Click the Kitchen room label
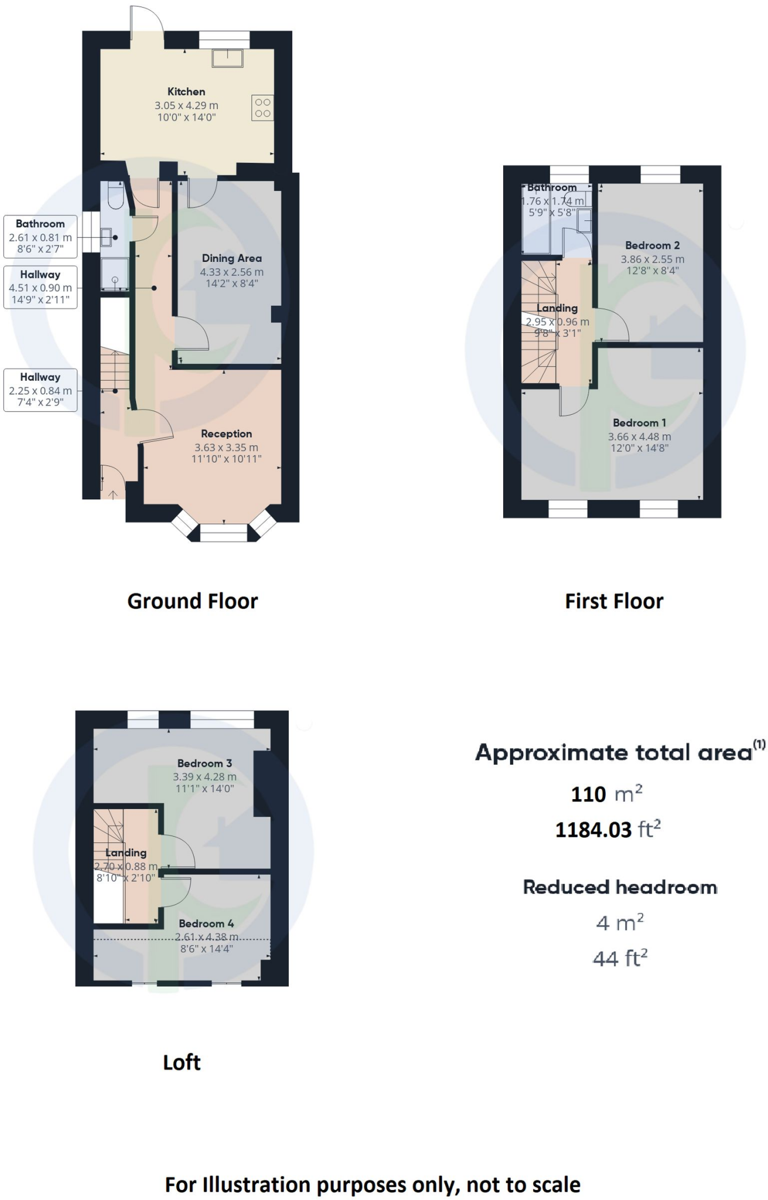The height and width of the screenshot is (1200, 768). (x=186, y=91)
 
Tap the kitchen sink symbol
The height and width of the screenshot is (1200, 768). (x=227, y=59)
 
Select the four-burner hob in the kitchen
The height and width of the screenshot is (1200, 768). (x=262, y=108)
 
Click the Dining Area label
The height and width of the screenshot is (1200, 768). (x=231, y=258)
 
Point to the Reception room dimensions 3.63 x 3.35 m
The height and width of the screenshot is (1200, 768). (x=226, y=447)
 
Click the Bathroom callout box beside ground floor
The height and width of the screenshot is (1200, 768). (x=40, y=236)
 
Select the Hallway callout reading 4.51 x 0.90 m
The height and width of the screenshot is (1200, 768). (x=40, y=287)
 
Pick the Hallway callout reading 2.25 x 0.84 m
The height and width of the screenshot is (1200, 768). (x=40, y=390)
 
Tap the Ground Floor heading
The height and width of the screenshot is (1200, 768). (x=192, y=601)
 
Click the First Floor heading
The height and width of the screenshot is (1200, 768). (x=614, y=601)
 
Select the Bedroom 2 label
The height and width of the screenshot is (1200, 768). (x=652, y=246)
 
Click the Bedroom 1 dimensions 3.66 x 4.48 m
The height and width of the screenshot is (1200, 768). (x=639, y=437)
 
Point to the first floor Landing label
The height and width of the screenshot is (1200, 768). (x=557, y=308)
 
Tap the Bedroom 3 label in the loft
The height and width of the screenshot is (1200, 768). (x=204, y=763)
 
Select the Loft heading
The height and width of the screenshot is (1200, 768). (x=182, y=1062)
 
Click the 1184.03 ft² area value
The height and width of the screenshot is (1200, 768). (x=607, y=830)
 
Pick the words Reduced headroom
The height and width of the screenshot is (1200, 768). (x=620, y=887)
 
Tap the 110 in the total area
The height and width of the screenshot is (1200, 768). (x=588, y=795)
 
